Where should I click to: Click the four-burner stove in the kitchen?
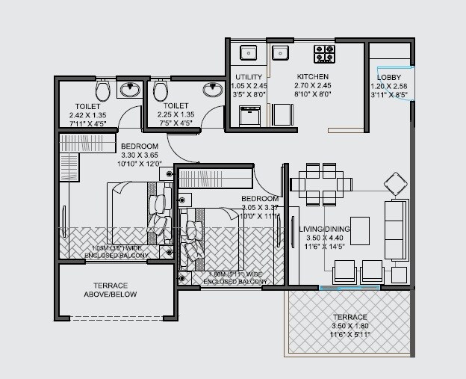(324, 53)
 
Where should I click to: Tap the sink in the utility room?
(247, 52)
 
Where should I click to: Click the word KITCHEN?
(312, 77)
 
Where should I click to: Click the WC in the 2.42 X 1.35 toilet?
(104, 91)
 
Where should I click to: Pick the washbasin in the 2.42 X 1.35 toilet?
(131, 89)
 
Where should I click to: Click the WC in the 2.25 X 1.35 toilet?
(159, 91)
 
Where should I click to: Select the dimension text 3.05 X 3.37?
(260, 207)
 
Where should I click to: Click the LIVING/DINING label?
(324, 229)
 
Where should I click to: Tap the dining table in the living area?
(321, 184)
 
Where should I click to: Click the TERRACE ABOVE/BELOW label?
(115, 290)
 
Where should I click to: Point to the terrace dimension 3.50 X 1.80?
(351, 327)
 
